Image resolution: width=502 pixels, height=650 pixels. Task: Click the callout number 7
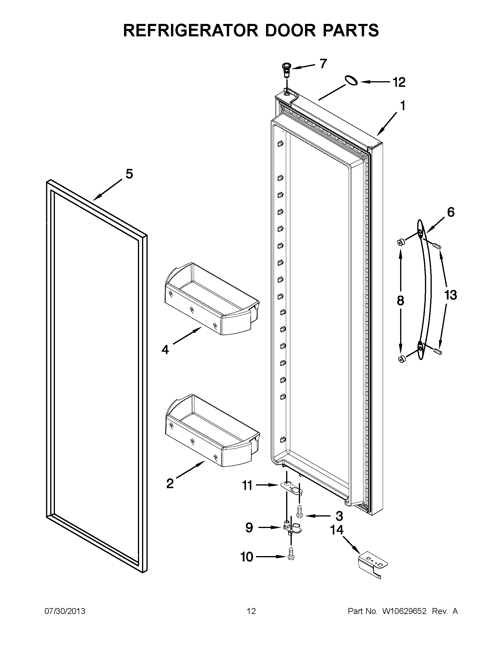click(323, 64)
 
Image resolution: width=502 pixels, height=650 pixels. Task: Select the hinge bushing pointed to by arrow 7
click(286, 70)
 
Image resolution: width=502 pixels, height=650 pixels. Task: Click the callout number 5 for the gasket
click(129, 174)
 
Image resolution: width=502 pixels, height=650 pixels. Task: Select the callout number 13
click(451, 295)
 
